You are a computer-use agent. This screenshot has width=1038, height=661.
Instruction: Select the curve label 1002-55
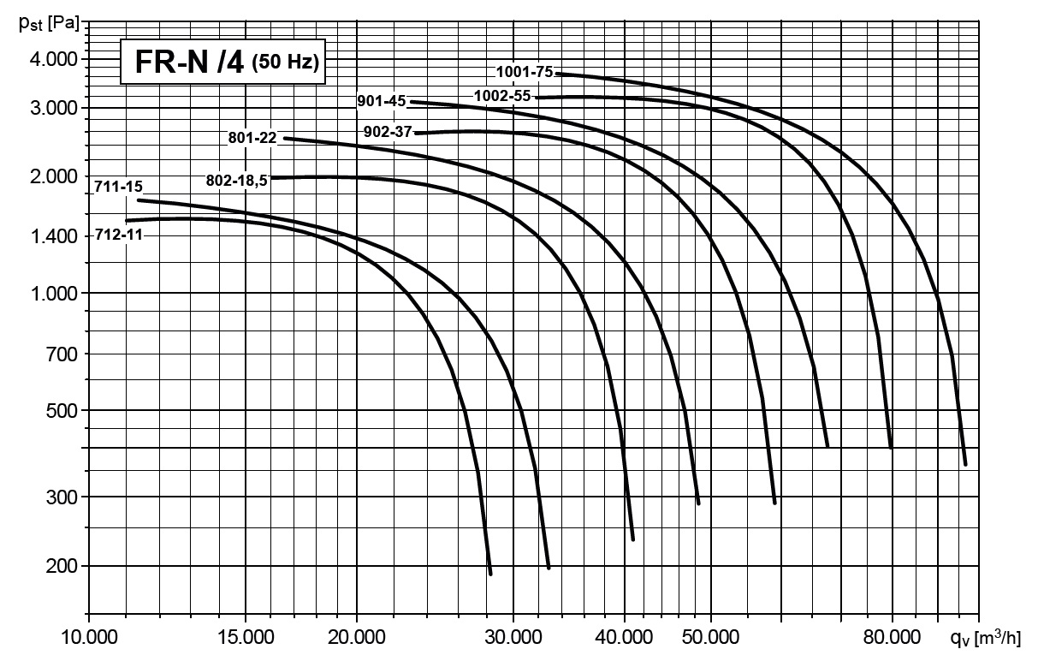pyautogui.click(x=503, y=96)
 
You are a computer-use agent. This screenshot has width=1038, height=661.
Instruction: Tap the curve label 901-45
pyautogui.click(x=382, y=101)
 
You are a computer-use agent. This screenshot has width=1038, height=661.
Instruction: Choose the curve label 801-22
pyautogui.click(x=252, y=137)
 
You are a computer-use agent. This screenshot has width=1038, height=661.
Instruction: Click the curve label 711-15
pyautogui.click(x=119, y=185)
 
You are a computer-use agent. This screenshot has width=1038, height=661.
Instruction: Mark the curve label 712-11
pyautogui.click(x=119, y=234)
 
